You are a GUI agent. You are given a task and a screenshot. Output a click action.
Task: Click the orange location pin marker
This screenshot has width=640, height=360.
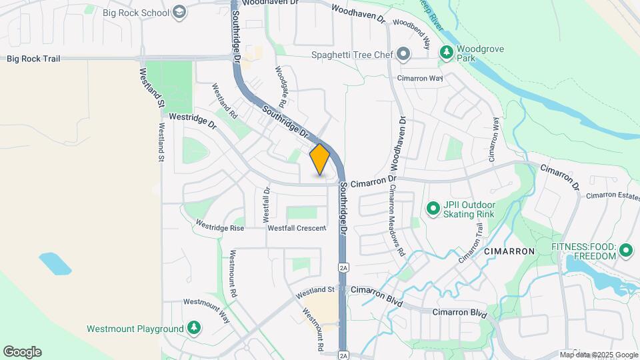320,159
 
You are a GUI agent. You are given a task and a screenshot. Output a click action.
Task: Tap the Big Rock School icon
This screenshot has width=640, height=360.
179,11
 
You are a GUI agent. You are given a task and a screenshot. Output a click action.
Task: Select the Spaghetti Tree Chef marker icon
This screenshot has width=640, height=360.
403,54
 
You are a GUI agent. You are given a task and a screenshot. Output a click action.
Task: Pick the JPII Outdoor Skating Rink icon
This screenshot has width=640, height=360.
433,209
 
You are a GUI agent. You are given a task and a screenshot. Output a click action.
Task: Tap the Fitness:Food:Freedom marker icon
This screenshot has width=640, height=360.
625,251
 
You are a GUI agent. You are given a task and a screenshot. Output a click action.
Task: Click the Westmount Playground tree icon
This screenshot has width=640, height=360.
193,328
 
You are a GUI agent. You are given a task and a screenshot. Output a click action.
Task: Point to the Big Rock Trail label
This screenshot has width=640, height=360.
33,59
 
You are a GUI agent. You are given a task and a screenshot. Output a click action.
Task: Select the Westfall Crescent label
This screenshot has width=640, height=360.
297,228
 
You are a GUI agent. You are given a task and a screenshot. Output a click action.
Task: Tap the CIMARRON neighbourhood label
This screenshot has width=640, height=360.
509,251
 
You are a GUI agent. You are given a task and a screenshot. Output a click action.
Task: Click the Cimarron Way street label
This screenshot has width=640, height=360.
420,78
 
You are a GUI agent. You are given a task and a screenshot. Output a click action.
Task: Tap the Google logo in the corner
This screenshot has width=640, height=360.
22,352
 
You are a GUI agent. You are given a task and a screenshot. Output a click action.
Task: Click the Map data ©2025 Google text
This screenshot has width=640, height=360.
599,355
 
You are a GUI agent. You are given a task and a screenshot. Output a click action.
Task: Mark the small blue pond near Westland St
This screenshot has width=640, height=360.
55,263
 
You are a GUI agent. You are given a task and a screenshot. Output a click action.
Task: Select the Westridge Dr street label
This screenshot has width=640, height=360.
193,120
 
